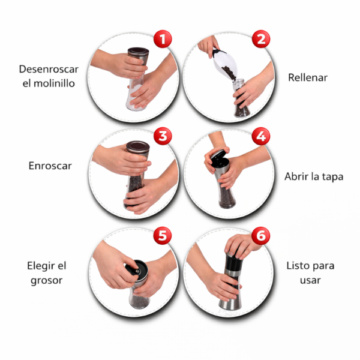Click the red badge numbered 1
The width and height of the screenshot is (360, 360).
[163, 39]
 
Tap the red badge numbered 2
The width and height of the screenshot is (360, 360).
[261, 39]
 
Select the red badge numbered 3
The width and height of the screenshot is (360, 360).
[163, 136]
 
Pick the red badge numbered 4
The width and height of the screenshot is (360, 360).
[261, 136]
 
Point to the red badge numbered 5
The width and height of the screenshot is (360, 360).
[163, 236]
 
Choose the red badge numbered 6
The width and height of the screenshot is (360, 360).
[260, 236]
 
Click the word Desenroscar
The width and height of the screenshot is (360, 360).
[49, 69]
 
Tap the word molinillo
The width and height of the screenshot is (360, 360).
[54, 83]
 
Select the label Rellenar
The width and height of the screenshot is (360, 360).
[308, 77]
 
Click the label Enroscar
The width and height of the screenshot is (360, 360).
[50, 166]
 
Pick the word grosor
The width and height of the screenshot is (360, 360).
[47, 281]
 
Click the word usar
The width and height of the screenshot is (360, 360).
[310, 281]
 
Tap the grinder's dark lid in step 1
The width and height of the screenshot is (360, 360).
[138, 52]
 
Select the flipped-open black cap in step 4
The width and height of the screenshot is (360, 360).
[218, 155]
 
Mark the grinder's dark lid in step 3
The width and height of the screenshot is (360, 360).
[138, 146]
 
